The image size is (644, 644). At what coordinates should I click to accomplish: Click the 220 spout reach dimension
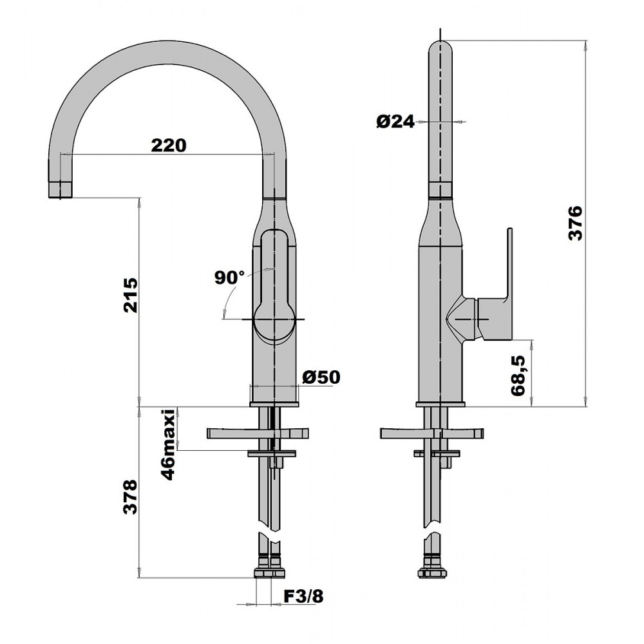click(x=168, y=146)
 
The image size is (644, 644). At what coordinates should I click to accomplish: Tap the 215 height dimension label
click(x=131, y=296)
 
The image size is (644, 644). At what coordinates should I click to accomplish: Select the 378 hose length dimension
click(x=131, y=497)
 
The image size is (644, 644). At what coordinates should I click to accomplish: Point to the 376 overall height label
click(x=575, y=223)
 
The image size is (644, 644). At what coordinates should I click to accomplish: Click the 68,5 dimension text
click(x=518, y=376)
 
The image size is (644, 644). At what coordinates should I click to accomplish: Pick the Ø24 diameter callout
click(x=395, y=122)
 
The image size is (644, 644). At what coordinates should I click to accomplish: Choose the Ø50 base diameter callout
click(x=321, y=377)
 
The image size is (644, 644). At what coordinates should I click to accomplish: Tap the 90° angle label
click(x=229, y=278)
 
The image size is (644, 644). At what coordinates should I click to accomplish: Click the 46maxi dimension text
click(x=168, y=444)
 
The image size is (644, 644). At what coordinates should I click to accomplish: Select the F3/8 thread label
click(x=303, y=596)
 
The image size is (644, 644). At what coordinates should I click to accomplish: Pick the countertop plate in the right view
click(x=432, y=433)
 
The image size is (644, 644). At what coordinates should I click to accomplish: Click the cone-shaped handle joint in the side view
click(x=461, y=317)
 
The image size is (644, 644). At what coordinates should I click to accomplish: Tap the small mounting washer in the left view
click(x=272, y=453)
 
